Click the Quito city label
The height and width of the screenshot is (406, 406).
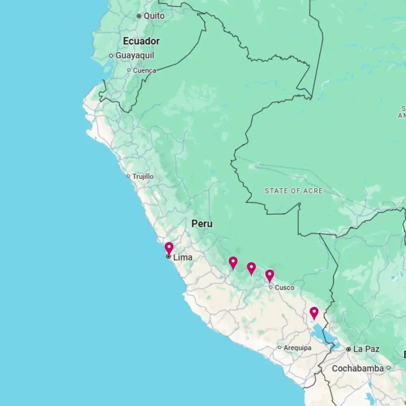coord(154,16)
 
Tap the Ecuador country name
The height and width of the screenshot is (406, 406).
coord(141,41)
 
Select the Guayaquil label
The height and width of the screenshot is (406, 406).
coord(135,56)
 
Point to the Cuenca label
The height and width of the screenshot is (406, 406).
coord(144,70)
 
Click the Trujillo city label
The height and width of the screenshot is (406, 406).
coord(143,177)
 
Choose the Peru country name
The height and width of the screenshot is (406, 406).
coord(202,224)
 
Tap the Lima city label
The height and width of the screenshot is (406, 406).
coord(183,257)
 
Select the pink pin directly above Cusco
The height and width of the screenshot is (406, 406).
coord(270,275)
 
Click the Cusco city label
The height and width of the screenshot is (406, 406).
coord(284,287)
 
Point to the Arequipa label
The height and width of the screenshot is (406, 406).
coord(298,348)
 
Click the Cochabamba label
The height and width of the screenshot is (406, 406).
coord(358,369)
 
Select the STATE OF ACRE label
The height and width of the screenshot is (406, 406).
coord(294,191)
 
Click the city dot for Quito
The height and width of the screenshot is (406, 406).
coord(139,16)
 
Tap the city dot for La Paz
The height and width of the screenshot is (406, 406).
coord(348,349)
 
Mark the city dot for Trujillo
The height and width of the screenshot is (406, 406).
coord(128,176)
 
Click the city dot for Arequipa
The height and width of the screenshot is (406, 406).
coord(279,348)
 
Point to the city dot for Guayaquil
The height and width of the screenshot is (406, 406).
coord(111,56)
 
